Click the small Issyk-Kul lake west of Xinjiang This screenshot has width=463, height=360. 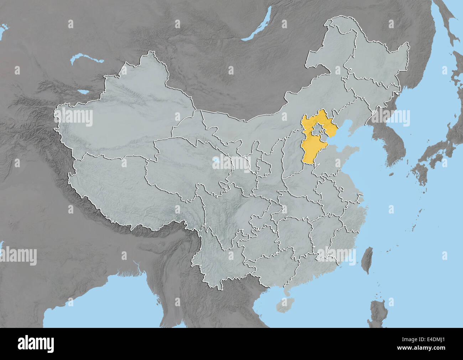84,92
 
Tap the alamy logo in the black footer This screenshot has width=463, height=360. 36,344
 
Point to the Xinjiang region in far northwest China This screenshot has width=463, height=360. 125,107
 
